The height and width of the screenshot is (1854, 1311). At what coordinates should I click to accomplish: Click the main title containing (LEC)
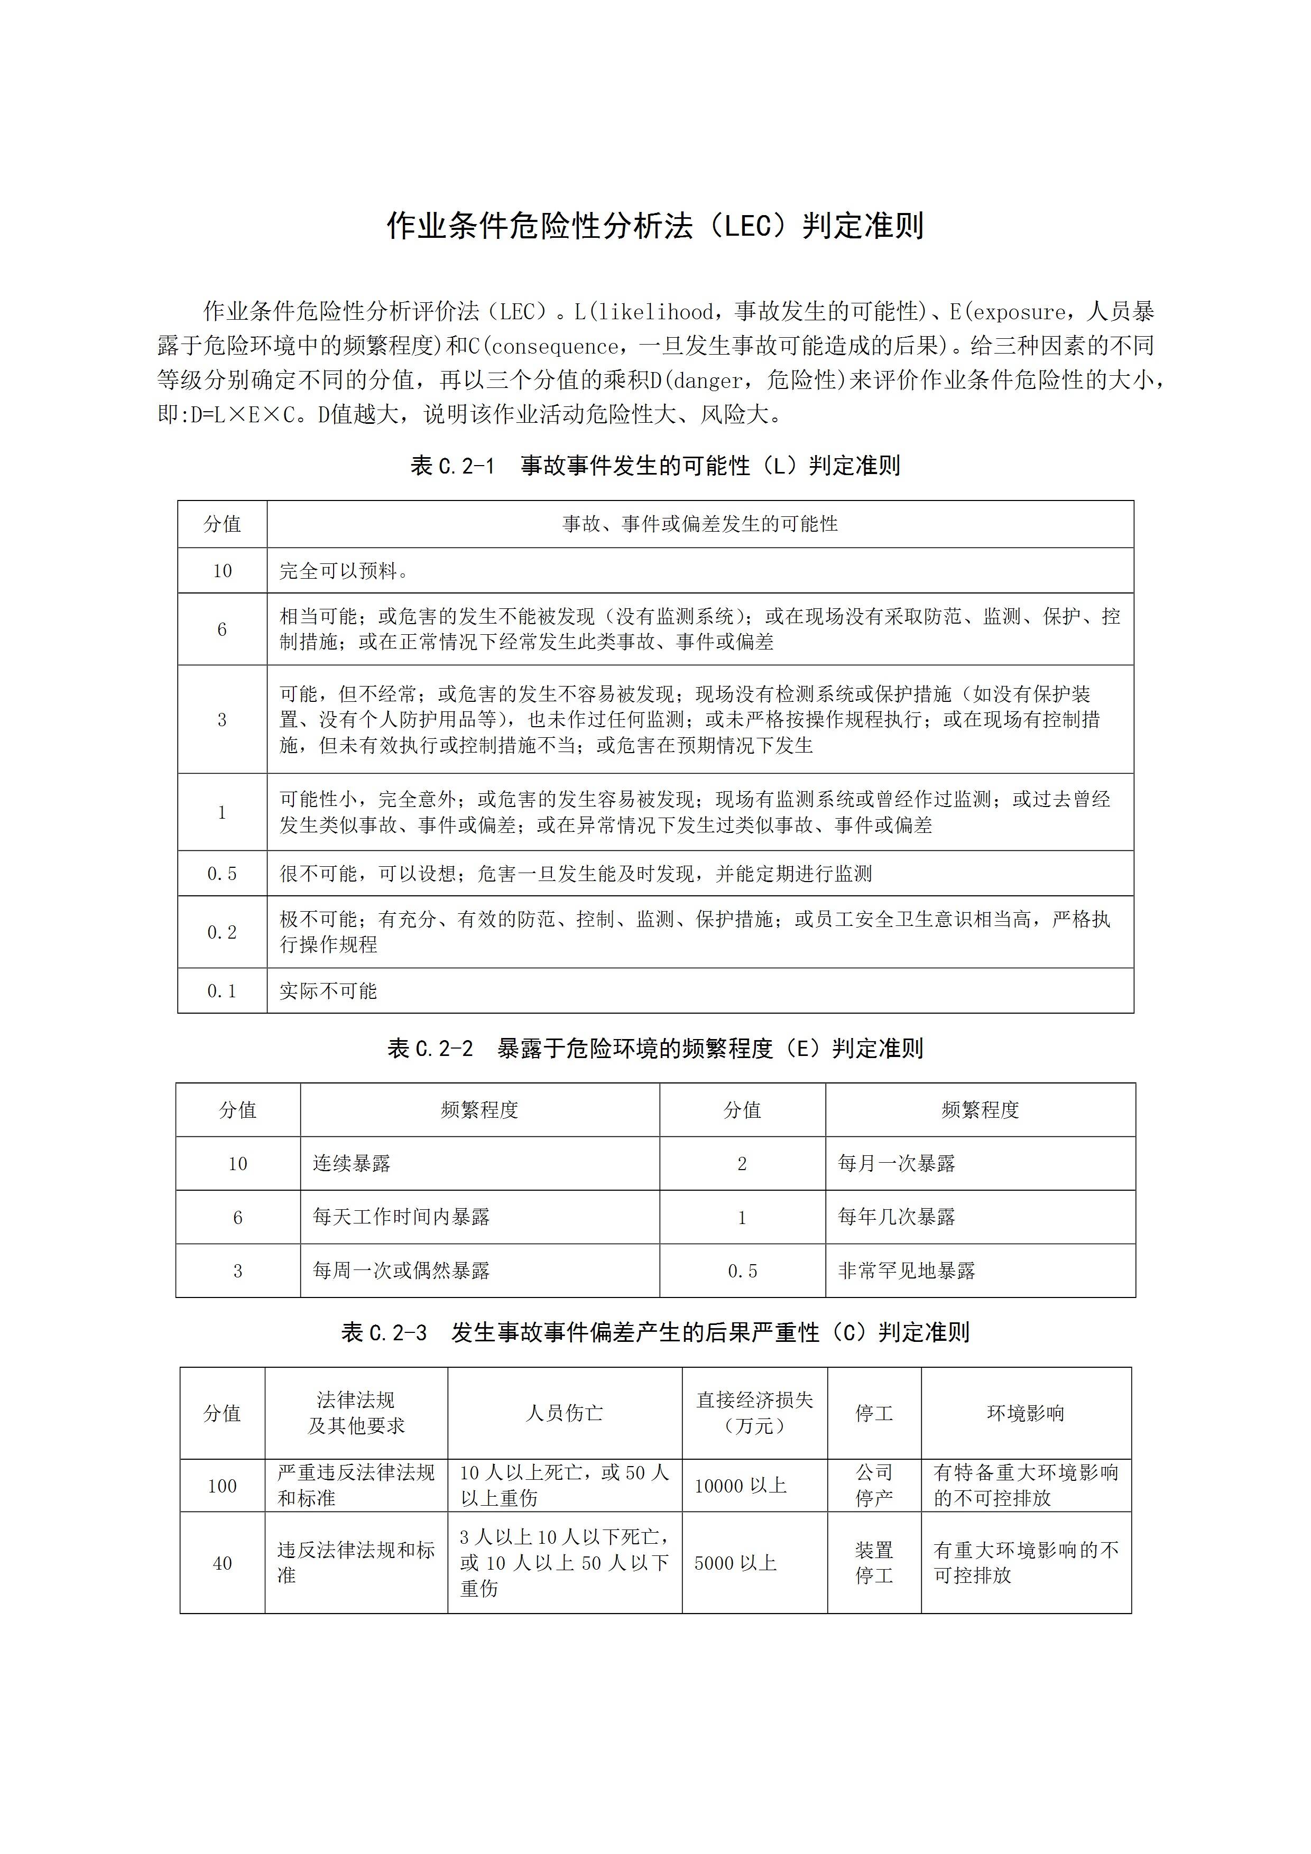tap(655, 227)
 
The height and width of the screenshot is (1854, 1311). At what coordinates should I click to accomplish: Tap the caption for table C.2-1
tap(655, 466)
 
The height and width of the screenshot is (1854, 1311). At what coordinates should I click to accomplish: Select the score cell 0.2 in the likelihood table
tap(222, 932)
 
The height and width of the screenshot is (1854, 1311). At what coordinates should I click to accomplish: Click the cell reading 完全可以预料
tap(344, 571)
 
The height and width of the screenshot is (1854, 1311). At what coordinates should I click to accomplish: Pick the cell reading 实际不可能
tap(328, 991)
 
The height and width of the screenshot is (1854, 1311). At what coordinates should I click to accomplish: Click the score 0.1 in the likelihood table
tap(222, 991)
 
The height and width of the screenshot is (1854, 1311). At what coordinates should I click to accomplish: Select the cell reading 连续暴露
tap(352, 1164)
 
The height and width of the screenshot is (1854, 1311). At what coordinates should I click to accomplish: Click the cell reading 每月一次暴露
tap(897, 1164)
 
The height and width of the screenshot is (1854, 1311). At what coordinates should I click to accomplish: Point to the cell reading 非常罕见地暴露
tap(906, 1271)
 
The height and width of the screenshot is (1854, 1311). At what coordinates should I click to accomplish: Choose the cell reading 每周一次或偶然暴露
tap(401, 1271)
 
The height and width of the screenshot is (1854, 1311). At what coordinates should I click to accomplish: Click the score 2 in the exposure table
tap(742, 1164)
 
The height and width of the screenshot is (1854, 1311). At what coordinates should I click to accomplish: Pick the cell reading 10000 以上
tap(741, 1486)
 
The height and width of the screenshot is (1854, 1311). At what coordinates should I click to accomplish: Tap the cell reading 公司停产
tap(874, 1486)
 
